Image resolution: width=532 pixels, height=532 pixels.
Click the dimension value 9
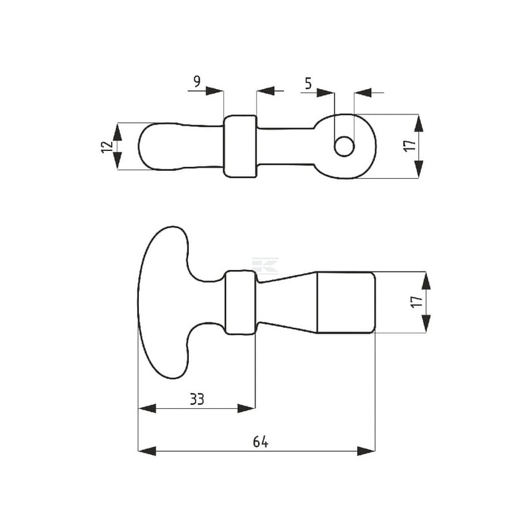(197, 81)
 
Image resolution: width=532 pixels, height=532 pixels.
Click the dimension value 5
(308, 83)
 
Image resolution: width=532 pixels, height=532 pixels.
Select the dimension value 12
(107, 146)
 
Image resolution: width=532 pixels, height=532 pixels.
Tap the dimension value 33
(197, 400)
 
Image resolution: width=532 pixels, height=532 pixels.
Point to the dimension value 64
(261, 442)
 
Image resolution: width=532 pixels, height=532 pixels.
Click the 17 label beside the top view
(410, 146)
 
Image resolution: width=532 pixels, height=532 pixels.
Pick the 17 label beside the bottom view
(417, 302)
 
